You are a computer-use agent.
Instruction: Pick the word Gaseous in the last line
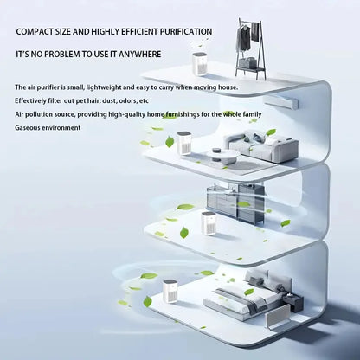pos(29,127)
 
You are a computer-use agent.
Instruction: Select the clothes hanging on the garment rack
pos(248,35)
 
